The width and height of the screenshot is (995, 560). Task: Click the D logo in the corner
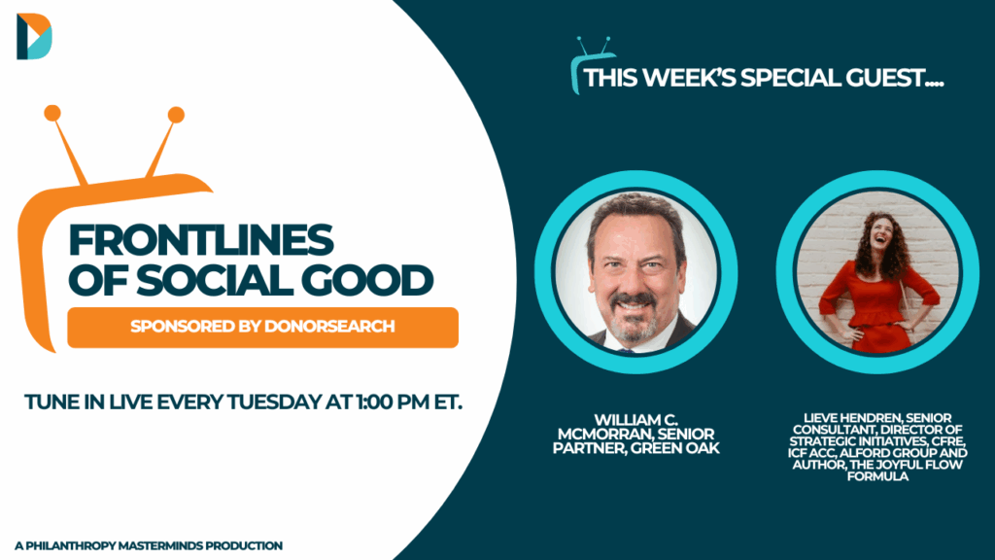point(34,36)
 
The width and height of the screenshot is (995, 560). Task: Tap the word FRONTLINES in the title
point(200,240)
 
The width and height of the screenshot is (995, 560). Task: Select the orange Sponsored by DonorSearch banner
point(262,327)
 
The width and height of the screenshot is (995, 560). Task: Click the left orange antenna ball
point(52,113)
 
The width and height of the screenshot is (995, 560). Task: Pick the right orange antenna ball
point(176,115)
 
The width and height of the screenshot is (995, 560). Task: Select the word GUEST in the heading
point(895,78)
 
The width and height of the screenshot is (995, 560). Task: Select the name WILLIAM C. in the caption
point(635,420)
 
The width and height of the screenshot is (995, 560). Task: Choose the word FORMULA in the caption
point(877,476)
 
